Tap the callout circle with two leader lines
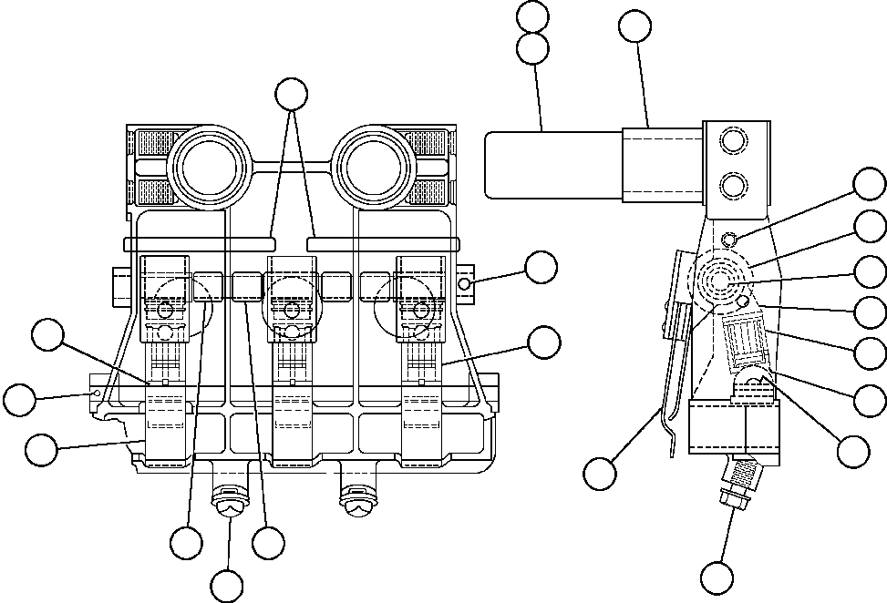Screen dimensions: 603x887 292,93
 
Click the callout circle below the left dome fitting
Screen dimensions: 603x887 227,584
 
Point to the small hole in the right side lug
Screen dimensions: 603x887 466,284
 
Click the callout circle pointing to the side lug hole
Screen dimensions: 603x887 541,267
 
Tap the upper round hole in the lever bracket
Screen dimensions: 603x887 731,142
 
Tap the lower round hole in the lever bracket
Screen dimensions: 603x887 731,187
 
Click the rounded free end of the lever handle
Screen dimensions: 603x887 497,165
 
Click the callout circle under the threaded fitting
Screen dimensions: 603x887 717,577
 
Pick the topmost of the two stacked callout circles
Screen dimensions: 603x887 532,17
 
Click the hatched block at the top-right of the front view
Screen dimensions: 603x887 424,143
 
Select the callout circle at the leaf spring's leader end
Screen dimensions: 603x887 599,474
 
